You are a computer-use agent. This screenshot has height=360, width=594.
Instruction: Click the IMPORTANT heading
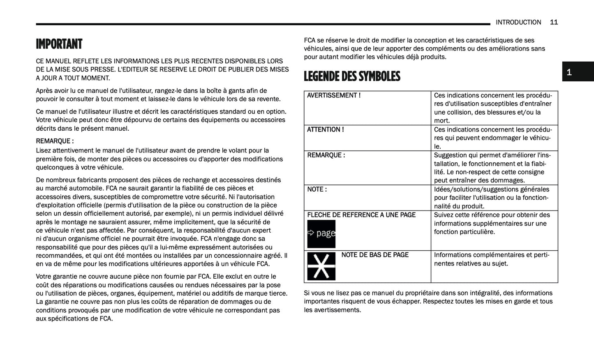(x=59, y=44)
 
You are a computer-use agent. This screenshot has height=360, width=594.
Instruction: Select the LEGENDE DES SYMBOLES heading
(x=352, y=76)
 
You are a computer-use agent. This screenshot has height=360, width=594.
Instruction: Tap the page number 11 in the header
(x=554, y=22)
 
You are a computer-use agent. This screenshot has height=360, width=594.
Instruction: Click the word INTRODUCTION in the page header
(x=518, y=22)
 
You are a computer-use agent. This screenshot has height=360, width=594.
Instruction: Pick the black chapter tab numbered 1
(x=578, y=72)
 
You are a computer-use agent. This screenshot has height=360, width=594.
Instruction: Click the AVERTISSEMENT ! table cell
(x=334, y=95)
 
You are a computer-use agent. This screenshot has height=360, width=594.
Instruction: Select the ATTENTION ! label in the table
(x=326, y=129)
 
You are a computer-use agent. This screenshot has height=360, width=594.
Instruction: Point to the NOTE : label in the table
(x=317, y=189)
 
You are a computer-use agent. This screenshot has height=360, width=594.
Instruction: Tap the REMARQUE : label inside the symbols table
(x=326, y=155)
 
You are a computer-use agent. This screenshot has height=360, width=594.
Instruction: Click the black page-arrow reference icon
(x=321, y=234)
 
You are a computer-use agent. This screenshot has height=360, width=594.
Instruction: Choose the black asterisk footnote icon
(x=321, y=266)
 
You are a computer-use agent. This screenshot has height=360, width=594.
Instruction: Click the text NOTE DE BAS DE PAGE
(x=375, y=255)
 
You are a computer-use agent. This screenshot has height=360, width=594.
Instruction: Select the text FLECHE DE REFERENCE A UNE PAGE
(x=361, y=215)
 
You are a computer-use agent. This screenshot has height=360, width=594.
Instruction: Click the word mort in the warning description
(x=442, y=121)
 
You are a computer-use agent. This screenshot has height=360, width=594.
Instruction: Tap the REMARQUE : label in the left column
(x=55, y=141)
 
